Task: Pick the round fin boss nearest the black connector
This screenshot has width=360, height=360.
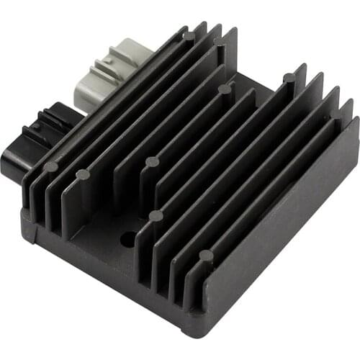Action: [50, 166]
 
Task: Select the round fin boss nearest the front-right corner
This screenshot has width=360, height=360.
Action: [206, 255]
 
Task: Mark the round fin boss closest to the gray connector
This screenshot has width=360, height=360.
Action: [189, 35]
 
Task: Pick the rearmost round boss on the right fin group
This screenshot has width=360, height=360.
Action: [289, 78]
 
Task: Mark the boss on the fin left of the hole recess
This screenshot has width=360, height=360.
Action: [82, 174]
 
